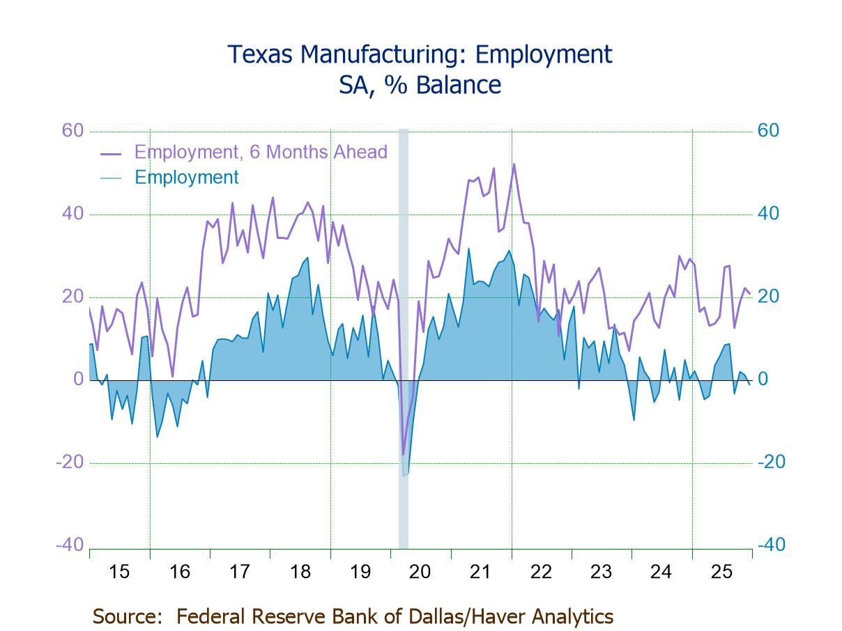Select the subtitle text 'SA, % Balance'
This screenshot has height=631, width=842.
[x=420, y=85]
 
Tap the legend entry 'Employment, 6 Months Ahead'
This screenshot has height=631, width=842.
[x=260, y=152]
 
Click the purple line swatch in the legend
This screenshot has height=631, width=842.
[x=111, y=153]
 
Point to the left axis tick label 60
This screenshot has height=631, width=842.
[x=73, y=131]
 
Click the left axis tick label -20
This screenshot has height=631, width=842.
[x=69, y=462]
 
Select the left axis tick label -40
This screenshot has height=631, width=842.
[x=69, y=545]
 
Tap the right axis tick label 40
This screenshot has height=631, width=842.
[x=768, y=214]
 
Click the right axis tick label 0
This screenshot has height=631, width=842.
[x=763, y=380]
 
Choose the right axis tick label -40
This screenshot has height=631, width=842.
[x=771, y=545]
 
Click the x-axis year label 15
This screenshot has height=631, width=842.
[x=119, y=572]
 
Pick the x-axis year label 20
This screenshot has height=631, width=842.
[x=420, y=572]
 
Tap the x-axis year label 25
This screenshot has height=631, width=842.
[x=721, y=572]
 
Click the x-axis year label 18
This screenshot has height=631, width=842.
[x=300, y=572]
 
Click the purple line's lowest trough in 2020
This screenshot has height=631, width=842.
[x=403, y=454]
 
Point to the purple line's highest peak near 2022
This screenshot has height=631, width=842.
[x=514, y=164]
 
